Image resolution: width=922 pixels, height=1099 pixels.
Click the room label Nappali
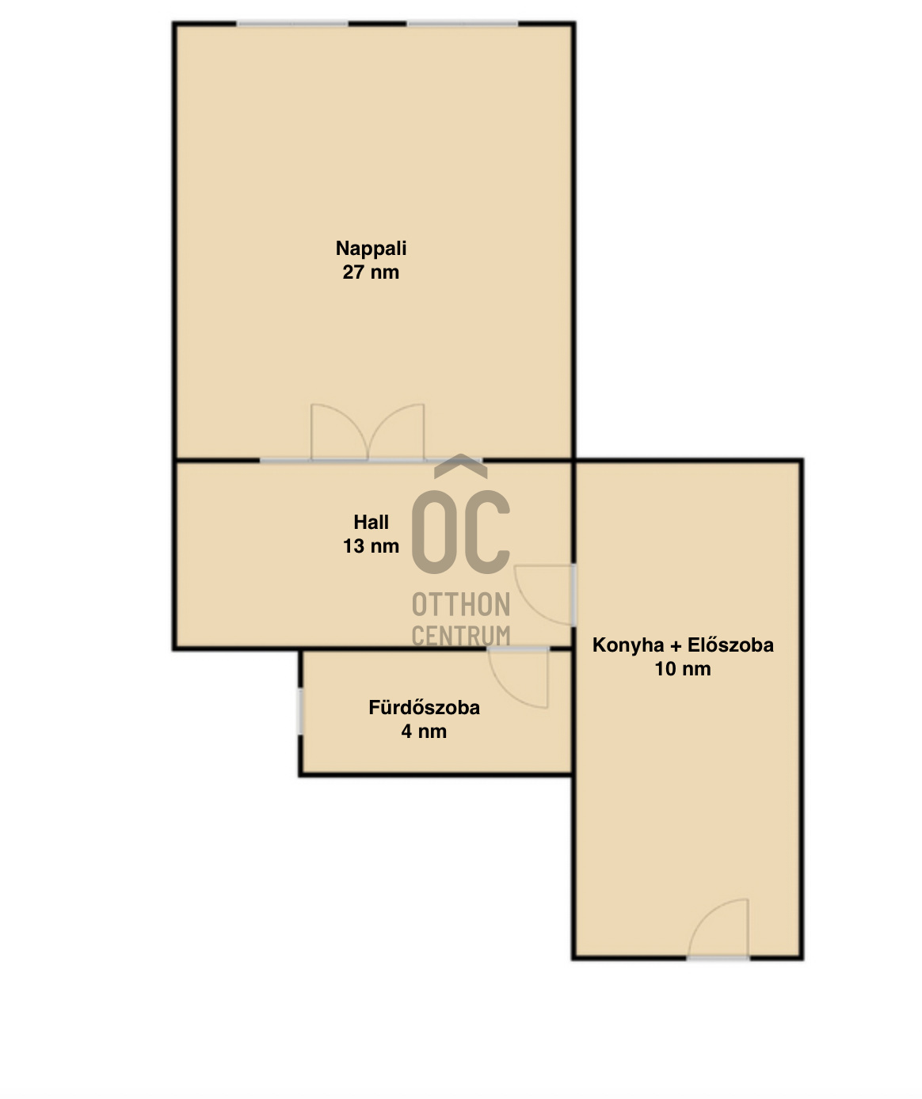coord(371,249)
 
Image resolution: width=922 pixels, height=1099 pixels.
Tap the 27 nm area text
coord(371,272)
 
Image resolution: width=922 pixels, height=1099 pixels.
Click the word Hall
coord(371,522)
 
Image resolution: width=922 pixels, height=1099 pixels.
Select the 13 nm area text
coord(371,546)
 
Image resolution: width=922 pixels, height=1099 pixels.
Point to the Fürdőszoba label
coord(424,707)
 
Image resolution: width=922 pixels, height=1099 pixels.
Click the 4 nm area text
coord(424,731)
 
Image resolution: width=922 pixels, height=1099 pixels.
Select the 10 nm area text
coord(683,669)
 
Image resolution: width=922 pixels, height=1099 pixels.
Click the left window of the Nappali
coord(292,24)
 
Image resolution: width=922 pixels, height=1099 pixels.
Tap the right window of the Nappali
coord(463,24)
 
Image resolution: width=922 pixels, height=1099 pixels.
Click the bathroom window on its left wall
coord(300,712)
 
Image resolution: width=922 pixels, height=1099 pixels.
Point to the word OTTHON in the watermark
coord(461,604)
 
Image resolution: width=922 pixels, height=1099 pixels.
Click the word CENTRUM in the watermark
coord(461,636)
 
